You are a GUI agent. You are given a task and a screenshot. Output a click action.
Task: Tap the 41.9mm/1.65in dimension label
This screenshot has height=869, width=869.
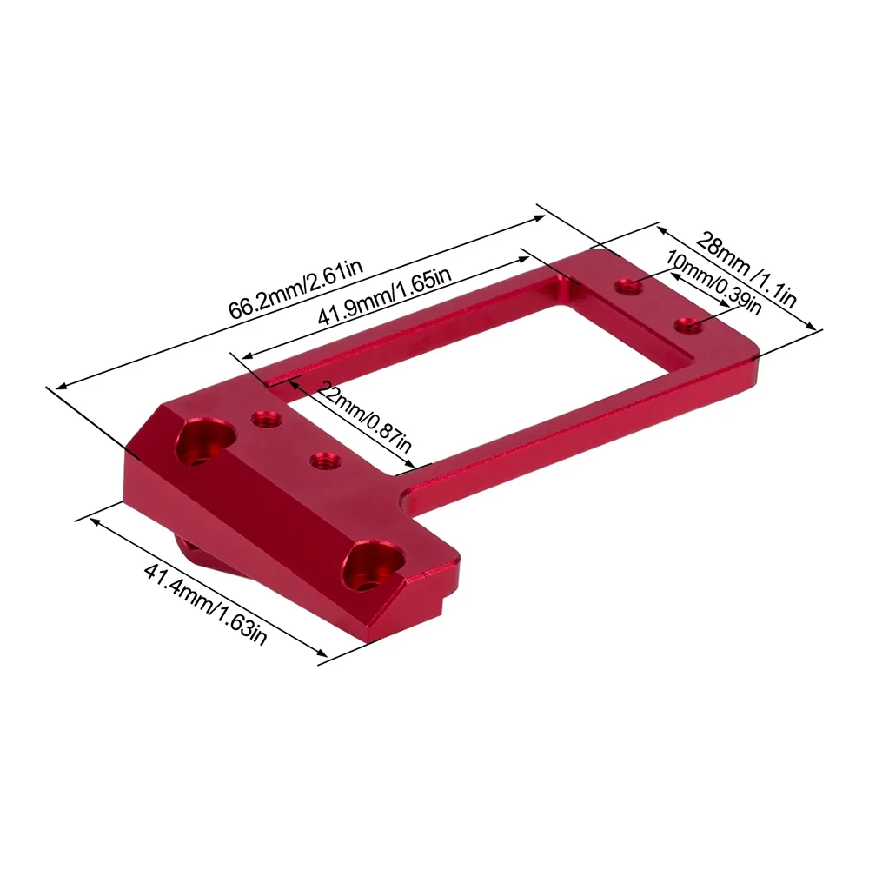[383, 298]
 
